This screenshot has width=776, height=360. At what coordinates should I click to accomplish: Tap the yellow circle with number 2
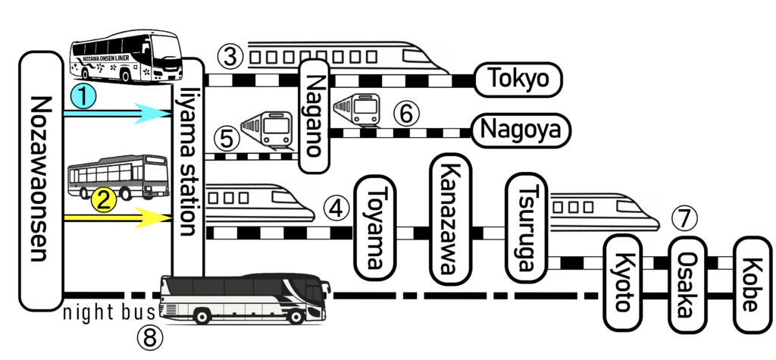[104, 200]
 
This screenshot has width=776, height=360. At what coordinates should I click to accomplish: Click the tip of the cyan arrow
[171, 114]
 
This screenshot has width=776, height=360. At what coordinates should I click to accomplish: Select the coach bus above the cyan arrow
[125, 56]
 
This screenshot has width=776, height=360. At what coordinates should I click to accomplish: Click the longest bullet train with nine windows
[349, 56]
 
